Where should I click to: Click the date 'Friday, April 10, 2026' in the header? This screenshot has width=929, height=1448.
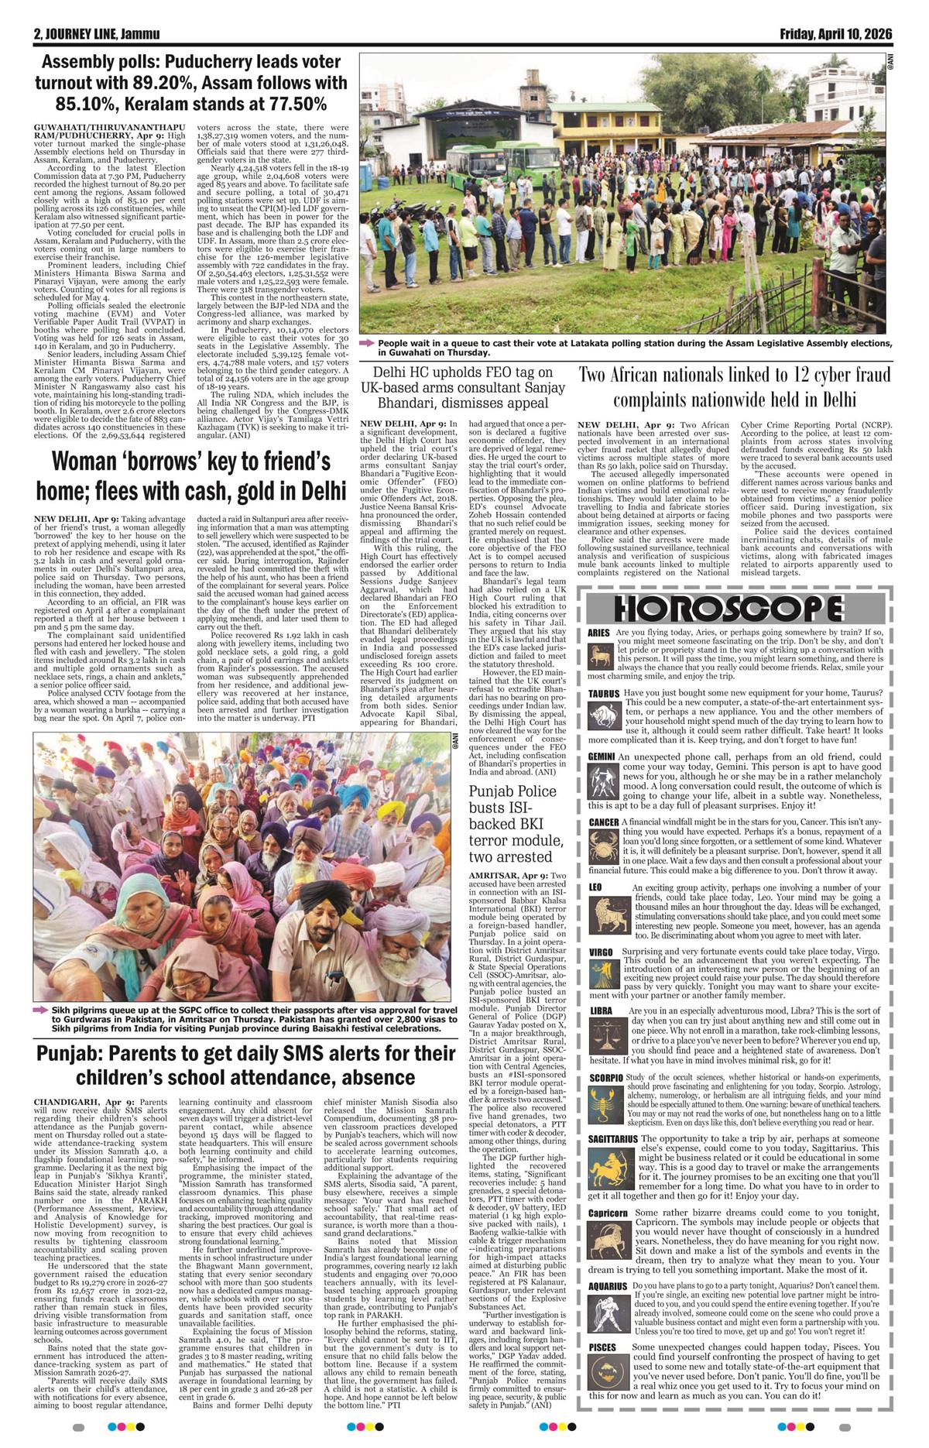[836, 34]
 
